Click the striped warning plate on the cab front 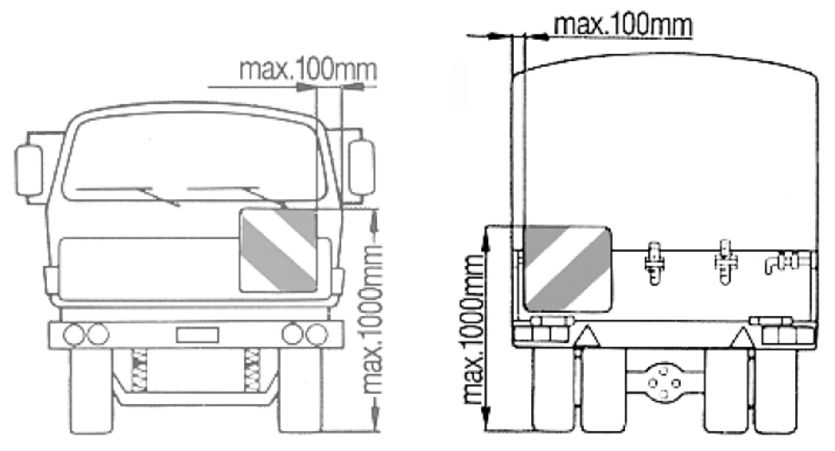click(278, 251)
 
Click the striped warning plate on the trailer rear click(567, 269)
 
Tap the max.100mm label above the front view click(308, 69)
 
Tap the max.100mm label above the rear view click(623, 25)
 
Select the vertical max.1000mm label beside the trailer click(473, 330)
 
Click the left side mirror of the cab click(30, 170)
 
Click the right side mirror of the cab click(362, 167)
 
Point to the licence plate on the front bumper click(197, 335)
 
